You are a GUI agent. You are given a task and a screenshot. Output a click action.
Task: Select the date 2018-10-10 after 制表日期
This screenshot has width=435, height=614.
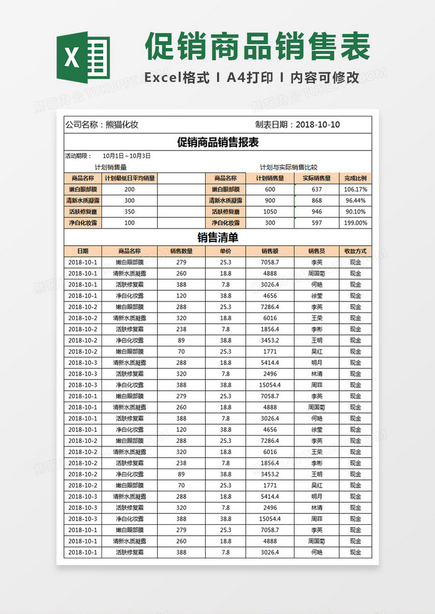318,125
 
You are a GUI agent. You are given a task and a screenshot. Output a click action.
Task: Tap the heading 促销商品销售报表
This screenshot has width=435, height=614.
217,143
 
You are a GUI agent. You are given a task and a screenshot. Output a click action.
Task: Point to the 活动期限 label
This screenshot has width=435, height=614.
79,156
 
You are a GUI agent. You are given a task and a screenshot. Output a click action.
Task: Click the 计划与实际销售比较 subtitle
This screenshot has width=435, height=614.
288,167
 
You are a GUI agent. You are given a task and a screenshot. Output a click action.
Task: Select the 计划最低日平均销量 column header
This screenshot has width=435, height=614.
130,178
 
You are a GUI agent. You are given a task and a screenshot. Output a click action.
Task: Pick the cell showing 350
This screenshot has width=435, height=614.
129,212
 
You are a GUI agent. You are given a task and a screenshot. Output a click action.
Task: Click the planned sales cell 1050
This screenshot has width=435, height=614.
270,212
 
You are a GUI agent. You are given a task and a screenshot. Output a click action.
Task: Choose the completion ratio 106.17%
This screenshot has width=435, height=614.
355,189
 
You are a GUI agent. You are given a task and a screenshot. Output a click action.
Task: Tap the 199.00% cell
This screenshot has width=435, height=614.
355,223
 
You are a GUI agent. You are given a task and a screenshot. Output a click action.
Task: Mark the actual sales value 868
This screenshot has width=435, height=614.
317,201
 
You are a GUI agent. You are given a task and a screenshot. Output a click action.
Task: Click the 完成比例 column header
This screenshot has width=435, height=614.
355,178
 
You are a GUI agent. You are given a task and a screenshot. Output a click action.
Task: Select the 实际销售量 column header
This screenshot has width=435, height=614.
317,178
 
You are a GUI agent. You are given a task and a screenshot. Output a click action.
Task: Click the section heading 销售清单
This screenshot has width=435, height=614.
217,238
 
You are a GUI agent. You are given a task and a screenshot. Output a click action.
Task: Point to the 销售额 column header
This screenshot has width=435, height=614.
270,251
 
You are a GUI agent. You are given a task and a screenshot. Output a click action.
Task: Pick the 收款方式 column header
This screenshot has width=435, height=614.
355,251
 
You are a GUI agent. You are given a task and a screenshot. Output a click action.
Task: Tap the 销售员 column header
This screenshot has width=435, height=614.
317,251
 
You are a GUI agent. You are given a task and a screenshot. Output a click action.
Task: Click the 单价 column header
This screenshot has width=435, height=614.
225,251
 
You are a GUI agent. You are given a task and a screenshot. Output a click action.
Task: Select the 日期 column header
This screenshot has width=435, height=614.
83,251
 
